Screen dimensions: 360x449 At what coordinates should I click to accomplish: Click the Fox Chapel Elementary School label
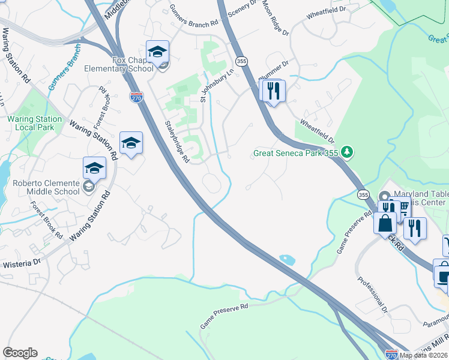pos(133,64)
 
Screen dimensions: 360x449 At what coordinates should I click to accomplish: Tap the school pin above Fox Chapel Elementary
pos(157,52)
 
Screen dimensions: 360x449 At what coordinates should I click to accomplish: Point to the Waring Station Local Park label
pos(34,123)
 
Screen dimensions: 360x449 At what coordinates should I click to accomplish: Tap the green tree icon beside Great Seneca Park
pos(347,153)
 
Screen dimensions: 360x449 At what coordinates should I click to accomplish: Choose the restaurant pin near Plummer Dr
pos(273,91)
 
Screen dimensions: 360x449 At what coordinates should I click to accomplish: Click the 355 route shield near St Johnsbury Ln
pos(242,61)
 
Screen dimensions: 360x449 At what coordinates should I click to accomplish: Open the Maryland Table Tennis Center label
pos(421,197)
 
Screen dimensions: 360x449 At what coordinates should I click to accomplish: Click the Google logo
pos(20,353)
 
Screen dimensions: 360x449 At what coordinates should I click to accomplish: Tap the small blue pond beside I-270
pos(287,260)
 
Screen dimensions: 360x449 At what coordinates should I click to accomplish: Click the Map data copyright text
pos(424,355)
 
